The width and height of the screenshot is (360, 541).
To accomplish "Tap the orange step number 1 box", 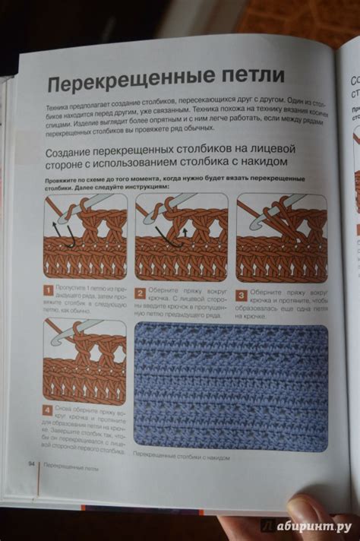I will pos(49,289).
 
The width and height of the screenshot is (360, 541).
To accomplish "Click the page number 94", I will pos(31,463).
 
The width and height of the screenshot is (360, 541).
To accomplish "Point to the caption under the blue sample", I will pos(180,457).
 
